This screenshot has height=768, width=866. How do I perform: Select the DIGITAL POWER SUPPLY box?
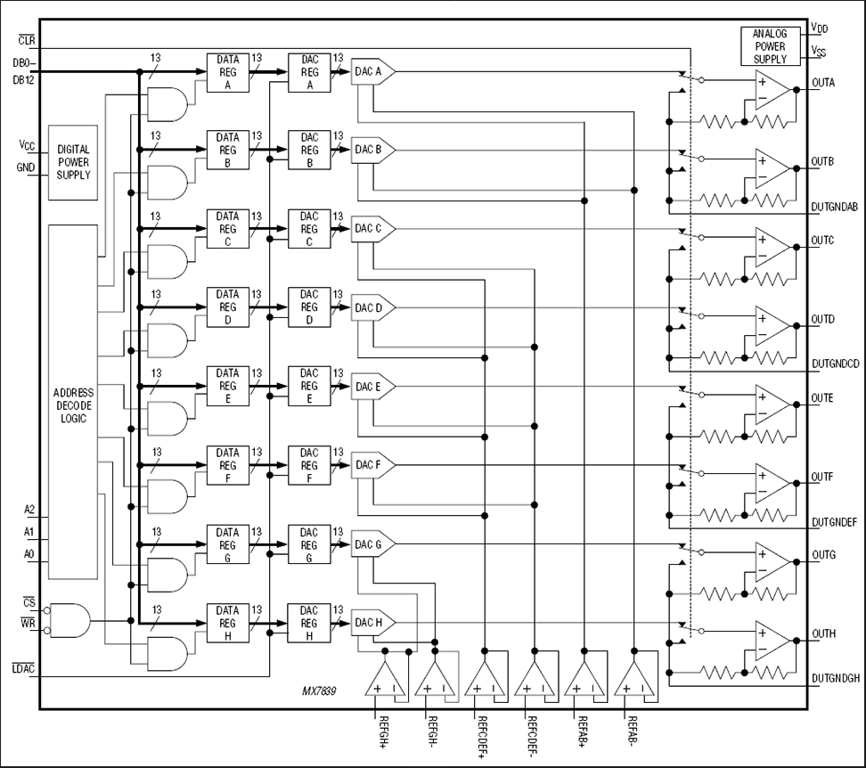pos(73,162)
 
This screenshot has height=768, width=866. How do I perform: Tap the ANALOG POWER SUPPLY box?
pos(770,46)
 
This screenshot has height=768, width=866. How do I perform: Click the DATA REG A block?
pos(227,72)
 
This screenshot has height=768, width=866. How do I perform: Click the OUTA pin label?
pos(824,83)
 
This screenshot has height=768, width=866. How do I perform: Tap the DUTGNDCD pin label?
pos(835,364)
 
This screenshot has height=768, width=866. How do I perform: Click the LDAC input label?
pos(22,669)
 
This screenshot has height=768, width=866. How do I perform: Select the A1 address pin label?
pos(29,532)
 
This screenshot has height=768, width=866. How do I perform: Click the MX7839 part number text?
pos(322,690)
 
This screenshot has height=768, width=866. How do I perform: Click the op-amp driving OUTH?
pos(771,640)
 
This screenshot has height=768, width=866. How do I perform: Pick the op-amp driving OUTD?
pos(771,326)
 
